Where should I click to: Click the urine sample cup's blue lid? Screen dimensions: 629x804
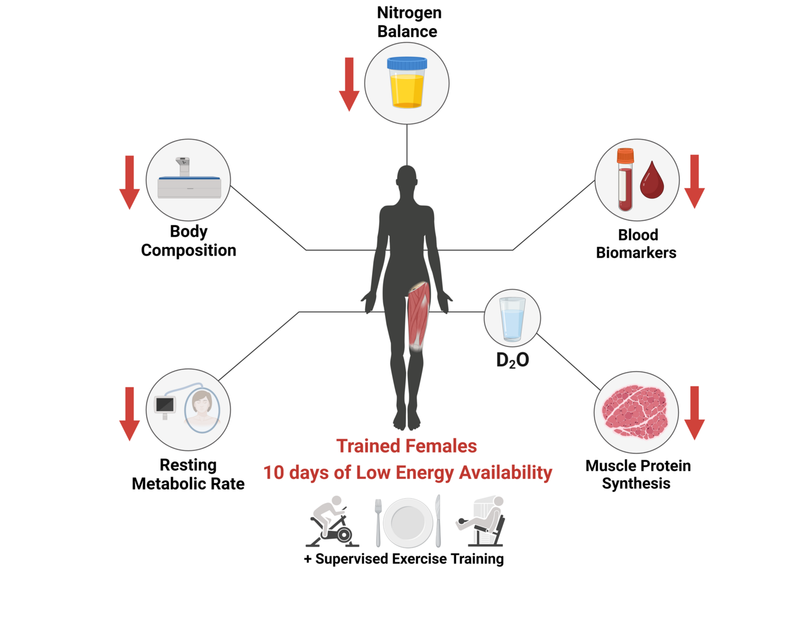[x=407, y=63]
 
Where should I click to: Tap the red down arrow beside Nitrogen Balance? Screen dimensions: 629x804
[x=349, y=84]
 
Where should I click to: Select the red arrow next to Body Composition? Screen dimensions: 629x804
[x=129, y=182]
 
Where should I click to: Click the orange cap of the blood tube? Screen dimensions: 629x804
[x=625, y=156]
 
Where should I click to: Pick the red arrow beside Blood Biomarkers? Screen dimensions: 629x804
[x=694, y=181]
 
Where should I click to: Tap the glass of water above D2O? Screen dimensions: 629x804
[x=512, y=319]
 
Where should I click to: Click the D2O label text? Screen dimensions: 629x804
[x=512, y=360]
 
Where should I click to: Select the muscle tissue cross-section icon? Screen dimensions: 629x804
[x=635, y=412]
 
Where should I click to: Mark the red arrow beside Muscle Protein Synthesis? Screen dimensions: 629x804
[x=694, y=413]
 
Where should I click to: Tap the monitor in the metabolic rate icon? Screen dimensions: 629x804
[x=165, y=404]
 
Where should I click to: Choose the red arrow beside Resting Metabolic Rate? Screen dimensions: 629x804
[x=129, y=413]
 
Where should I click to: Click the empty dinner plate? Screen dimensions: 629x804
[x=408, y=522]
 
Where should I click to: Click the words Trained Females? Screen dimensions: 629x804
[x=406, y=446]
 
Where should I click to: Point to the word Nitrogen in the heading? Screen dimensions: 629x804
[x=409, y=12]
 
